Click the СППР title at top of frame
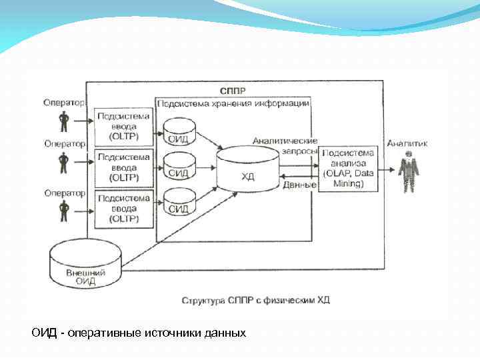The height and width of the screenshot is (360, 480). pos(233,89)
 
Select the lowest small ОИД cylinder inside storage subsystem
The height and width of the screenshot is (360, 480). pos(179,202)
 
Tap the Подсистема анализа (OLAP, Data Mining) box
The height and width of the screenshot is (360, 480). pos(348,168)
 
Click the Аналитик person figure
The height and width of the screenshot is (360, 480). pos(408,171)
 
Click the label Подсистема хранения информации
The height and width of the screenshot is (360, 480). pos(233,103)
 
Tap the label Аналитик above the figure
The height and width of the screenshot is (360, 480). pos(407,143)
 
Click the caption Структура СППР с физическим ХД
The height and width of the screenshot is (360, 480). pos(255,300)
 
